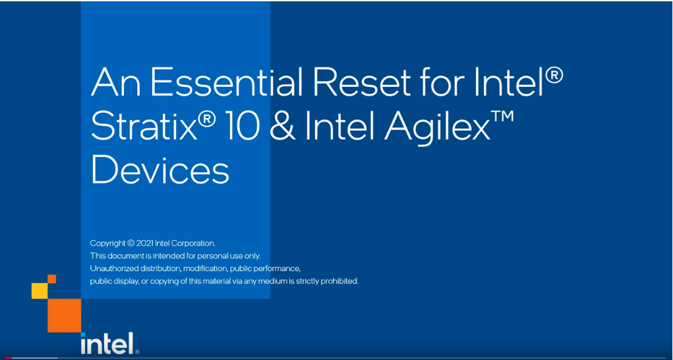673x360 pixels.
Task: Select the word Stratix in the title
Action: pos(143,126)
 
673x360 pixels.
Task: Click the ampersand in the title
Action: pos(281,126)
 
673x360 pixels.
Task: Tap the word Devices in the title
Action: pos(160,169)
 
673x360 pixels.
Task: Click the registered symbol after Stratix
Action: pos(208,118)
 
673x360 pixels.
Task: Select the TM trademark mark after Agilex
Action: pos(503,116)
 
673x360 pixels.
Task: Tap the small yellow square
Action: pos(39,291)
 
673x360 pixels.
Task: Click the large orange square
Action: pos(64,315)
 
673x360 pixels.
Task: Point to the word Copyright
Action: pos(107,244)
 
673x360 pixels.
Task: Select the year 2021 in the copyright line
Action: pos(144,243)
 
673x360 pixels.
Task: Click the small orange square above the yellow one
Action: pos(51,279)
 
